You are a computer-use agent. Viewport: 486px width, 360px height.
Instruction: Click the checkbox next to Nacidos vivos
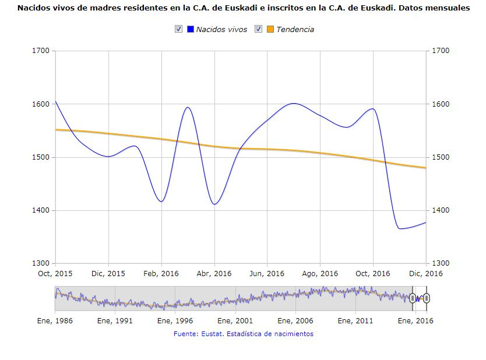point(178,30)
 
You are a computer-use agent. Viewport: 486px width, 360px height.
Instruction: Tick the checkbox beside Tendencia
point(258,30)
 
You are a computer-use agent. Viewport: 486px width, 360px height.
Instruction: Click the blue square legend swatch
point(190,30)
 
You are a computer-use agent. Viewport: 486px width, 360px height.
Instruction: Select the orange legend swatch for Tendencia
point(270,30)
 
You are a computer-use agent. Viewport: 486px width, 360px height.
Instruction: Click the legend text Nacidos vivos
point(221,30)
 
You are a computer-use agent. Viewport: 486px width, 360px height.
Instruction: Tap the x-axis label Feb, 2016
point(161,274)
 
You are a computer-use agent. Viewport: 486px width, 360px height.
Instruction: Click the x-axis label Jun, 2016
point(267,274)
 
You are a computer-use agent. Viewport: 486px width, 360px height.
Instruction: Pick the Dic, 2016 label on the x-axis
point(426,274)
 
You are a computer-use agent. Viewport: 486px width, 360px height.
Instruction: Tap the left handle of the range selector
point(413,298)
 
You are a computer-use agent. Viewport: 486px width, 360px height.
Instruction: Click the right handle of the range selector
point(427,298)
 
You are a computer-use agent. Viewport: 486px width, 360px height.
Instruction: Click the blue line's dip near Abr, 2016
point(214,204)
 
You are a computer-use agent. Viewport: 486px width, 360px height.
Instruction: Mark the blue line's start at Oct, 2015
point(55,101)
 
